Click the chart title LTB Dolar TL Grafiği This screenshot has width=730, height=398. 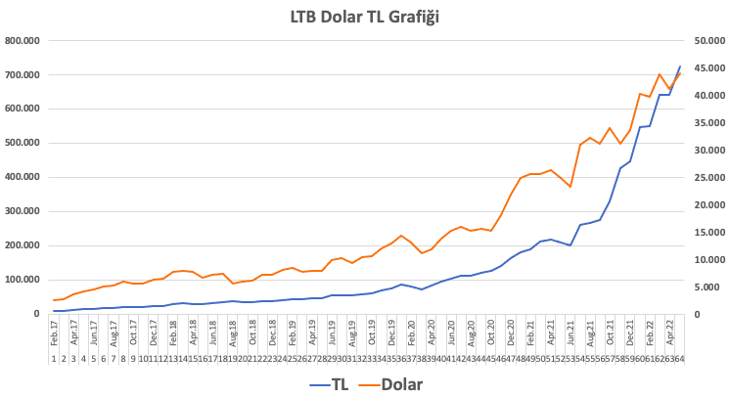[365, 16]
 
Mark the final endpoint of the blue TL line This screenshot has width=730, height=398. [679, 66]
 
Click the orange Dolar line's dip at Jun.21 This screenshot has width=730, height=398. [570, 187]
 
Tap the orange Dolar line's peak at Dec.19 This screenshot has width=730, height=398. [401, 236]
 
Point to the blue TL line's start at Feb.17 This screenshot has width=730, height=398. [54, 311]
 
